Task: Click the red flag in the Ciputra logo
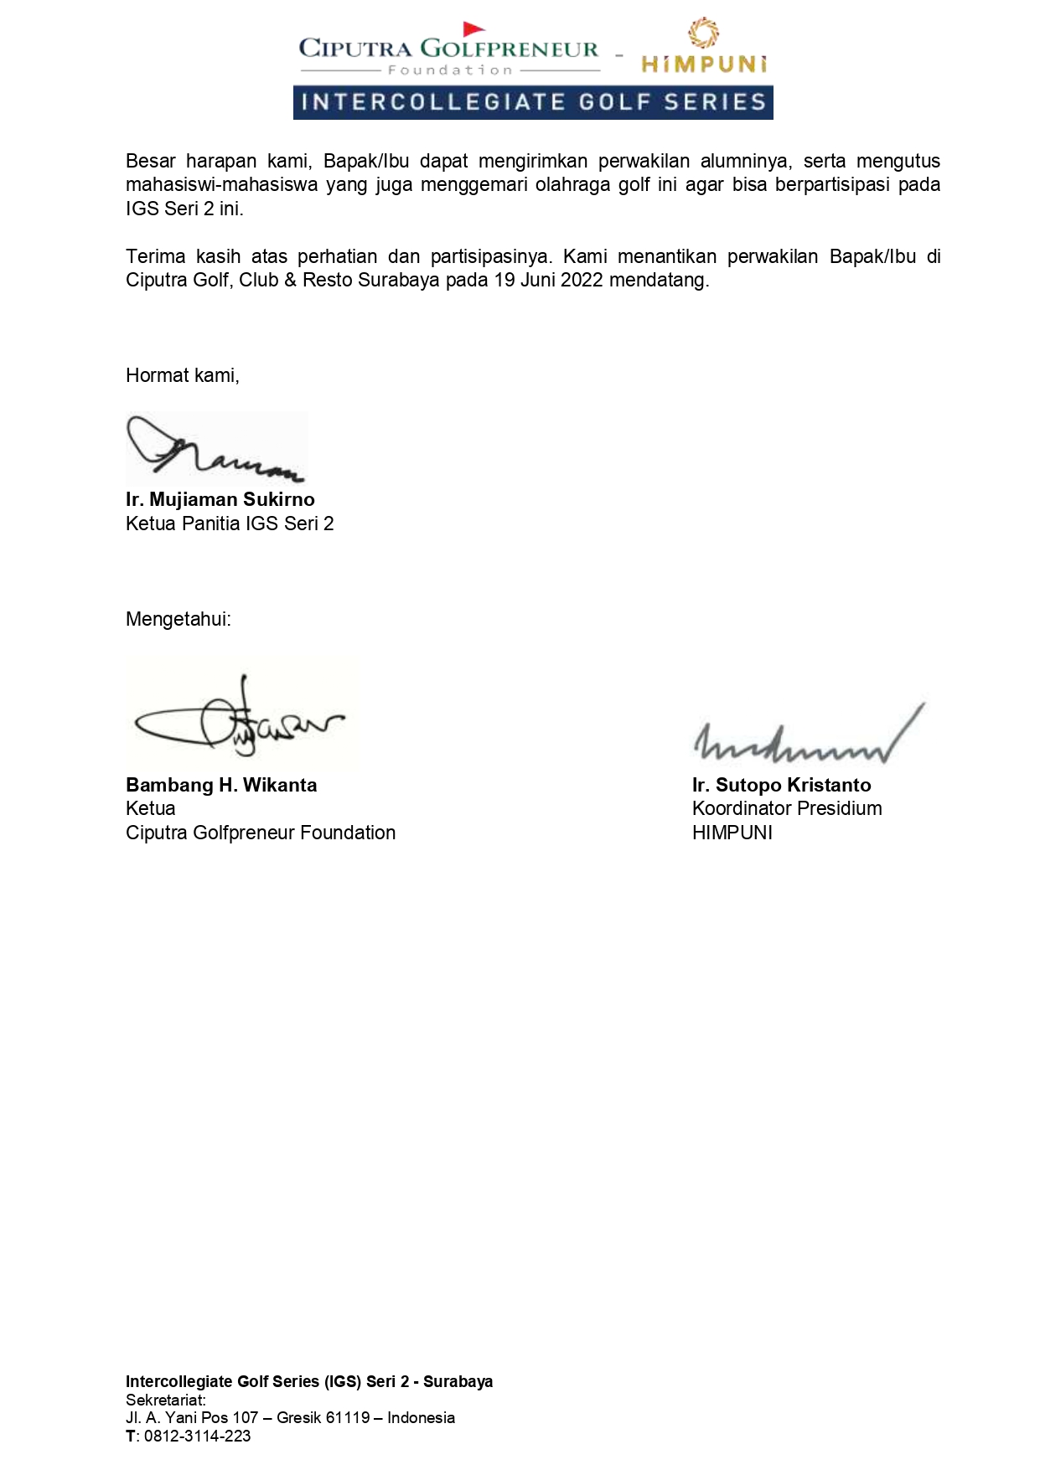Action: tap(473, 29)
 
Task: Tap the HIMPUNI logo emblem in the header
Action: tap(703, 34)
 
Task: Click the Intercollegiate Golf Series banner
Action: tap(533, 102)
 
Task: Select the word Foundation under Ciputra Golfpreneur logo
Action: tap(450, 70)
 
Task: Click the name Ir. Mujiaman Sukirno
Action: tap(220, 500)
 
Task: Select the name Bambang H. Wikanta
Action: tap(221, 786)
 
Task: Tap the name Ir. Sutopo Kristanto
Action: tap(781, 786)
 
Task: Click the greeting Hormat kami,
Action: tap(183, 376)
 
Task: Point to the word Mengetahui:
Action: tap(179, 620)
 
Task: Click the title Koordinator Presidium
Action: tap(787, 809)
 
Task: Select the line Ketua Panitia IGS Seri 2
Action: tap(230, 524)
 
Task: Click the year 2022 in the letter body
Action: tap(582, 281)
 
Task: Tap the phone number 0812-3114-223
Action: tap(197, 1436)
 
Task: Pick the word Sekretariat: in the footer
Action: tap(166, 1400)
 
